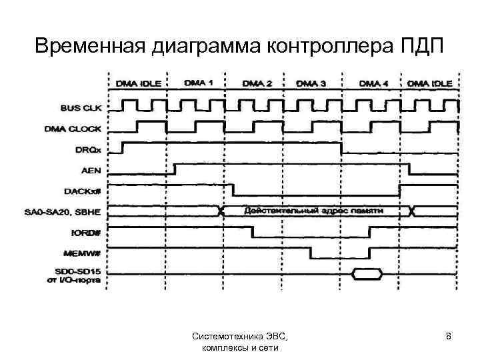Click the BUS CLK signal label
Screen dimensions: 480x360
pos(81,106)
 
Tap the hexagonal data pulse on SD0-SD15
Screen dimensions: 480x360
pos(368,273)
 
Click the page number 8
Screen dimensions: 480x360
pos(449,337)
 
